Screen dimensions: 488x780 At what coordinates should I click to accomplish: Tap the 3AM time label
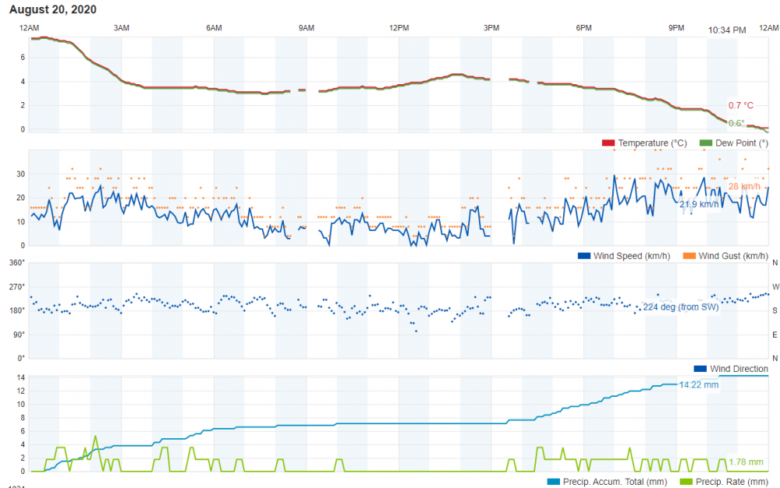click(121, 28)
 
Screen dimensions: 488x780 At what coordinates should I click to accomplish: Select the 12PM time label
click(399, 28)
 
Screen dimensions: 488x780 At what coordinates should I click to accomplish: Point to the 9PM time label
click(675, 28)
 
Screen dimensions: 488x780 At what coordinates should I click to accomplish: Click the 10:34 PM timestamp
click(727, 30)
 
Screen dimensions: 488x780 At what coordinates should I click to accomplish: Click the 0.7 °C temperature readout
click(741, 105)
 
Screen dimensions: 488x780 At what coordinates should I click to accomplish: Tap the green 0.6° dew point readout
click(736, 123)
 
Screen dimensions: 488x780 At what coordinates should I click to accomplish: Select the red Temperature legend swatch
click(608, 143)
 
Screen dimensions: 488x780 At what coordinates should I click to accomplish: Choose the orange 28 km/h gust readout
click(744, 186)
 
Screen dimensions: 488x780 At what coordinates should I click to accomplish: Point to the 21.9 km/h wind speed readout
click(698, 204)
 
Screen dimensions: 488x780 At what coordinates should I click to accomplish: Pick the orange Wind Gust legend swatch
click(689, 256)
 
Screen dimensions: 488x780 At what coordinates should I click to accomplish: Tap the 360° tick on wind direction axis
click(17, 263)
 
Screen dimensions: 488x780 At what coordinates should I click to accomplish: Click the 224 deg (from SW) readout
click(680, 307)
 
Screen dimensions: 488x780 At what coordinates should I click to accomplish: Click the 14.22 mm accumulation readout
click(698, 384)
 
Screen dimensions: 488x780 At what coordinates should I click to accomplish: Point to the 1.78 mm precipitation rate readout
click(746, 462)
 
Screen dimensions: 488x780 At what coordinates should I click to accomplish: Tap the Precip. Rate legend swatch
click(686, 482)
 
